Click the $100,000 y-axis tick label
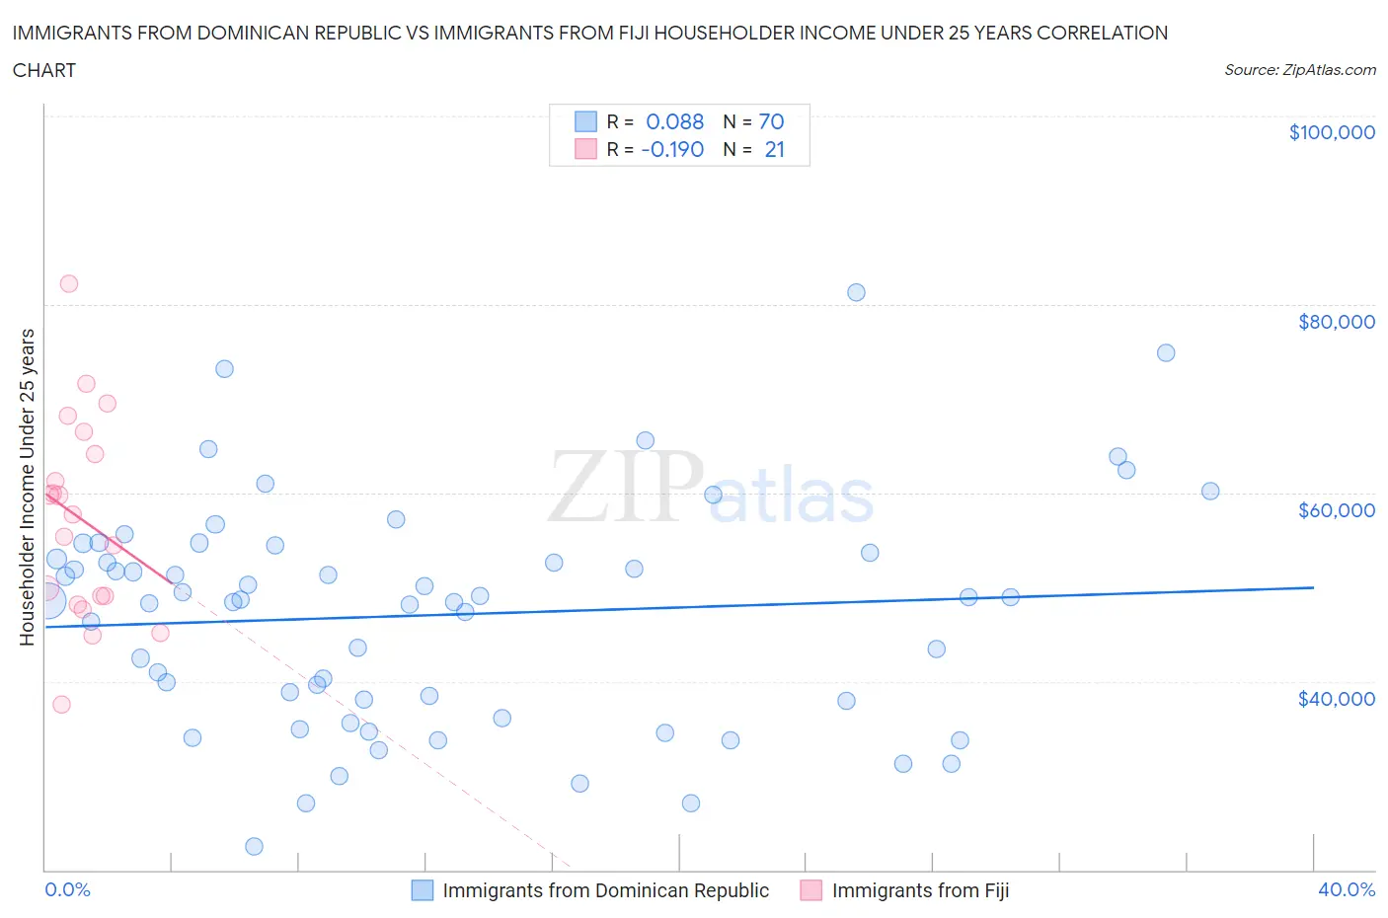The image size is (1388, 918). pos(1331,132)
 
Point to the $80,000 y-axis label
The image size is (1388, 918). pos(1336,322)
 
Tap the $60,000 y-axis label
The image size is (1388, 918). pos(1336,510)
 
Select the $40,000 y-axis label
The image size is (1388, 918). pos(1336,699)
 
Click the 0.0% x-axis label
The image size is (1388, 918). pos(67,889)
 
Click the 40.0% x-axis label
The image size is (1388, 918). pos(1346,889)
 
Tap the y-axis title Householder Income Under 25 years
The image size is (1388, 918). pos(27,487)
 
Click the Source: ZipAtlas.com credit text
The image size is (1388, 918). pos(1299,70)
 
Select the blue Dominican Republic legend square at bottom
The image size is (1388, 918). pos(423,890)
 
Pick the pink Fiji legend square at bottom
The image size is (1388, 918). pos(811,890)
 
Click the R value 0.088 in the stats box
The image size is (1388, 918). pos(674,121)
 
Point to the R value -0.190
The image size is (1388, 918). pos(672,149)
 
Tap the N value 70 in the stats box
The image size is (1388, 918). pos(771,121)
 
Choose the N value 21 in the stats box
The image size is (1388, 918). pos(774,149)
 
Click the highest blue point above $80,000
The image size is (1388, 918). pos(856,292)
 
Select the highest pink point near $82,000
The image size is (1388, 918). pos(69,283)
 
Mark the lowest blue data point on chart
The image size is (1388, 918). pos(254,846)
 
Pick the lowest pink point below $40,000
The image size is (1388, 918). pos(61,704)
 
